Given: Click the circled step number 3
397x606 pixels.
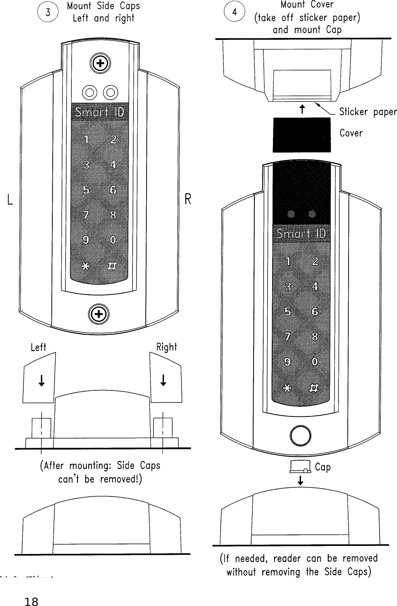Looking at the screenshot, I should pyautogui.click(x=48, y=13).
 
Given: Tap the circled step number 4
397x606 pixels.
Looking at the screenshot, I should pyautogui.click(x=234, y=13).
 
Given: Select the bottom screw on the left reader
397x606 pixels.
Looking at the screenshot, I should pyautogui.click(x=99, y=314).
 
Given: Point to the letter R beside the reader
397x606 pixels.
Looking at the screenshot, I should pyautogui.click(x=188, y=200).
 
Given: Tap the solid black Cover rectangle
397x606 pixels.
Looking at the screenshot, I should pyautogui.click(x=302, y=135).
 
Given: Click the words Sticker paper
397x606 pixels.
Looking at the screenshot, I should pyautogui.click(x=368, y=112).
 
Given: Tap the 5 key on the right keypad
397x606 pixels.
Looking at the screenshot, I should pyautogui.click(x=288, y=312).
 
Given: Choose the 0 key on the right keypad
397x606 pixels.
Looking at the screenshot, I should pyautogui.click(x=315, y=362).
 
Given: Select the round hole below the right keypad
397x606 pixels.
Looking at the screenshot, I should pyautogui.click(x=300, y=436).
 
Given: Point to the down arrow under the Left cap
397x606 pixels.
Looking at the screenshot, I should pyautogui.click(x=41, y=381).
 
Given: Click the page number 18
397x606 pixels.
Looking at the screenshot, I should pyautogui.click(x=31, y=591).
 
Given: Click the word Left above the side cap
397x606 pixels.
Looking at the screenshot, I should pyautogui.click(x=38, y=347).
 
